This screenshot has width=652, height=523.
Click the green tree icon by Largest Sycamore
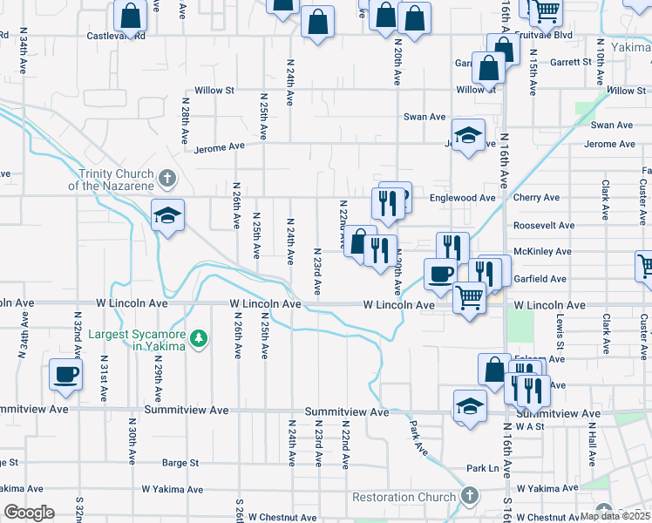[200, 337]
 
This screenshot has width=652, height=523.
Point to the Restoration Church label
[405, 498]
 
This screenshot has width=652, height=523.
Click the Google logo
[29, 513]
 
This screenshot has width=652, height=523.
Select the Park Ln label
[481, 468]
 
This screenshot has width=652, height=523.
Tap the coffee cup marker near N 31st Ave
[65, 375]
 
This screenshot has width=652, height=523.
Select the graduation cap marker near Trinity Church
[167, 215]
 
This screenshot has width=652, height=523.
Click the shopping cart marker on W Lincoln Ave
[470, 298]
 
